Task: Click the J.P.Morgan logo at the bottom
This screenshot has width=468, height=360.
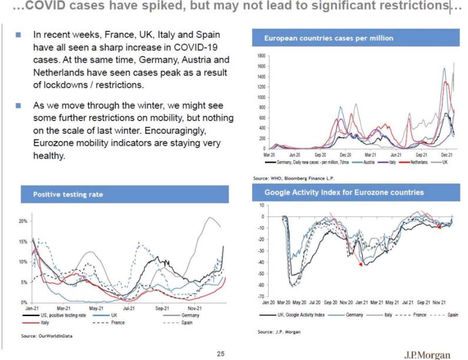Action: tap(427, 354)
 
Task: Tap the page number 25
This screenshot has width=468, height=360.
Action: tap(221, 354)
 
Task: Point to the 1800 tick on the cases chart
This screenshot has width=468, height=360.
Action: tap(261, 55)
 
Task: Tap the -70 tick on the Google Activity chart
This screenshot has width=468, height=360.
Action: tap(262, 296)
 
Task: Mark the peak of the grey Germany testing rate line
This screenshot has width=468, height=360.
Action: tap(209, 218)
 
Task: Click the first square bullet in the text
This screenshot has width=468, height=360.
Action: tap(19, 35)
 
